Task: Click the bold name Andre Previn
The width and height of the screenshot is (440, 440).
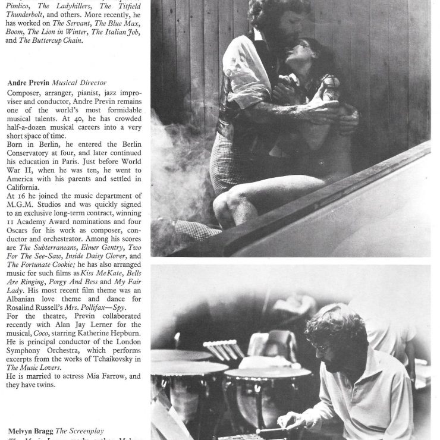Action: [29, 81]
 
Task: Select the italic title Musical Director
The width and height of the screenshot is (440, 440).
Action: [80, 81]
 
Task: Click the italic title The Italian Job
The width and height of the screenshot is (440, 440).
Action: [117, 32]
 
